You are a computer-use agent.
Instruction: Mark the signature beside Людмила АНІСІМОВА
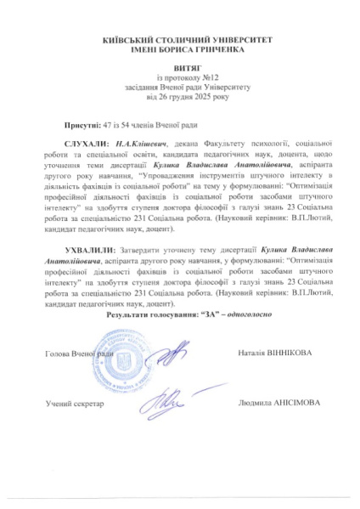174,398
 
